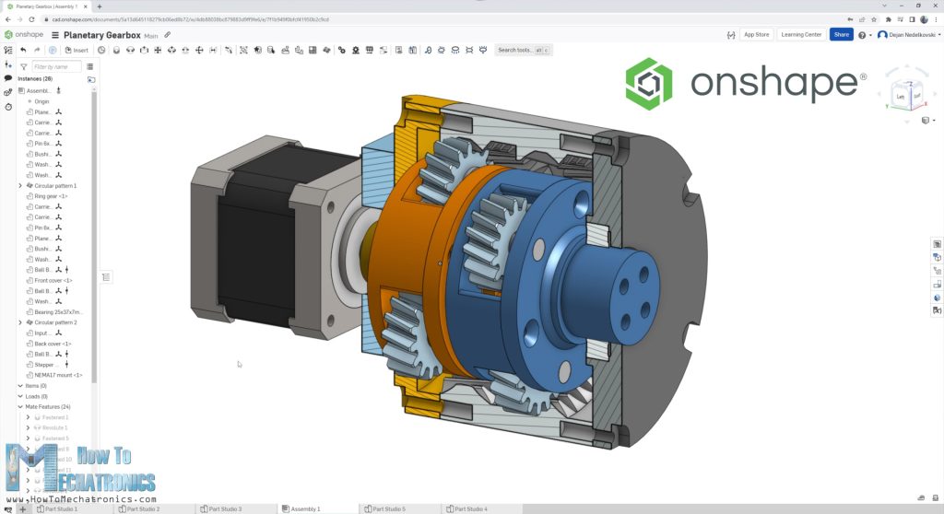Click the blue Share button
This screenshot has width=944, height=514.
coord(841,34)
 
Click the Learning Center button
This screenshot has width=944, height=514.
coord(800,34)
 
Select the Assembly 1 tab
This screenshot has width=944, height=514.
coord(305,508)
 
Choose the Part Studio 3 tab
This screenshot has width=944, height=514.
coord(225,508)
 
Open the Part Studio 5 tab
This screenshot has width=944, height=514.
coord(388,508)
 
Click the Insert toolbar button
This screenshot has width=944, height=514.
coord(77,50)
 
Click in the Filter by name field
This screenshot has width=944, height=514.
coord(55,66)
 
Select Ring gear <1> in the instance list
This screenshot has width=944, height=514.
coord(51,196)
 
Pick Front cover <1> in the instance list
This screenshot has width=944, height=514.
coord(53,280)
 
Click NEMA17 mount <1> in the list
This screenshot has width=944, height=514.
coord(58,375)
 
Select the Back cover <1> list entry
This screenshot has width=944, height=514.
coord(53,344)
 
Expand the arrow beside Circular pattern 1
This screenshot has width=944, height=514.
coord(20,186)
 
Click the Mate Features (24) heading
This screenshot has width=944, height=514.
coord(47,406)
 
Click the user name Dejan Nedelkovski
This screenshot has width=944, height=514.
coord(912,35)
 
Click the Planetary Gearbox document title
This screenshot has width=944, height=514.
coord(101,35)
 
